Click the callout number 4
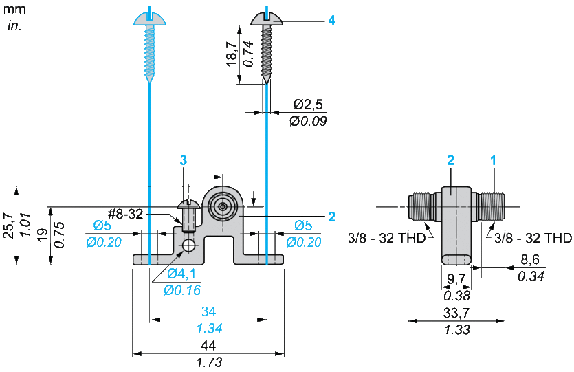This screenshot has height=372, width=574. (x=331, y=21)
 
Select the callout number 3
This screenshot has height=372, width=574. (x=184, y=160)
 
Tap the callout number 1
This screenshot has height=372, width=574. (x=493, y=160)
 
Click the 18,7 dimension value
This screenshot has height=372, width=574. (x=232, y=54)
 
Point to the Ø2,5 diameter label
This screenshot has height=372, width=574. (x=307, y=105)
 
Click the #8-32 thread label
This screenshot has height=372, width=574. (x=125, y=214)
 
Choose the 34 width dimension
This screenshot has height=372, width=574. (x=208, y=311)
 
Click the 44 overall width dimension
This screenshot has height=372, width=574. (x=208, y=345)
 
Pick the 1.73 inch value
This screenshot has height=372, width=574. (x=208, y=362)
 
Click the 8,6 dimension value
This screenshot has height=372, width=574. (x=527, y=261)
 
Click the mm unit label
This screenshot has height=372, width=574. (x=14, y=10)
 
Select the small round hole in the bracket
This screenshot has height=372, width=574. (x=188, y=245)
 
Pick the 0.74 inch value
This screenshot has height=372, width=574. (x=248, y=54)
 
